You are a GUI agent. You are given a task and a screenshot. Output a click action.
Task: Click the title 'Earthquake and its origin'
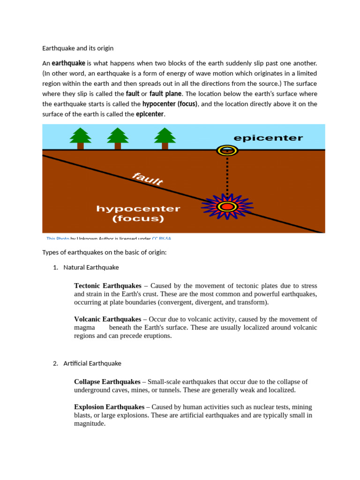pyautogui.click(x=78, y=48)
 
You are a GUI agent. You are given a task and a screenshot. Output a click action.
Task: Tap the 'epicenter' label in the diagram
pyautogui.click(x=268, y=138)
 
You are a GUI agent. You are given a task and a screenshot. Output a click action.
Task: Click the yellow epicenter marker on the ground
pyautogui.click(x=227, y=150)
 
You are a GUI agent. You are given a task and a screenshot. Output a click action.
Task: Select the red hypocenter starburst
pyautogui.click(x=227, y=206)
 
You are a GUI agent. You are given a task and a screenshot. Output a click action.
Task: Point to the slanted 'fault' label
pyautogui.click(x=148, y=179)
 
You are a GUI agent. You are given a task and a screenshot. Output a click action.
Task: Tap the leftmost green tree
pyautogui.click(x=81, y=138)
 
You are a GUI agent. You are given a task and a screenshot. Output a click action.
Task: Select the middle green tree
pyautogui.click(x=118, y=138)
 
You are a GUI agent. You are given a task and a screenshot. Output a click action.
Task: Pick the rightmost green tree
pyautogui.click(x=165, y=138)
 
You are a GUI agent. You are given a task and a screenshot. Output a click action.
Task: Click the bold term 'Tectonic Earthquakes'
pyautogui.click(x=107, y=285)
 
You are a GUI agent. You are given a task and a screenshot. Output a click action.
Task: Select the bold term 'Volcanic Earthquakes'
pyautogui.click(x=107, y=319)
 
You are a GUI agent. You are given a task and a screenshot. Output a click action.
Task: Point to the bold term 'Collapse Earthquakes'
pyautogui.click(x=107, y=382)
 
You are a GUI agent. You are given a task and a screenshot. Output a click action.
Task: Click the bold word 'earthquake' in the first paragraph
pyautogui.click(x=68, y=63)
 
